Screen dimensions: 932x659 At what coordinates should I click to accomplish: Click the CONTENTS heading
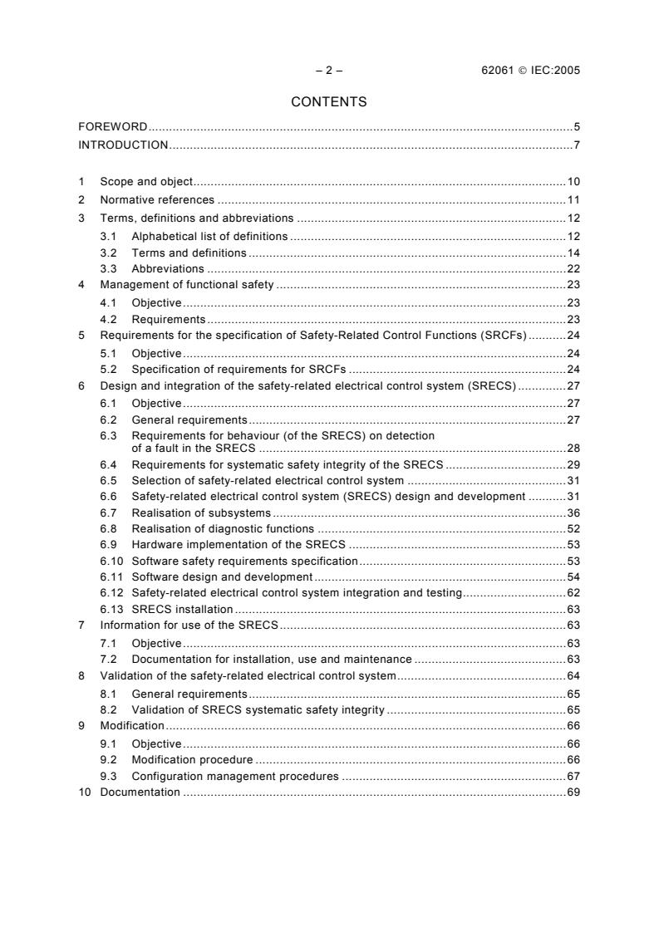[x=329, y=102]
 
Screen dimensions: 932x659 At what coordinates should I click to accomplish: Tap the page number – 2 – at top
[x=329, y=71]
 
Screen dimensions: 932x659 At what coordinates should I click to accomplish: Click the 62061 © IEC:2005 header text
[x=524, y=71]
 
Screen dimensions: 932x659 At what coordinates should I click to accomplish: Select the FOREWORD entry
[x=113, y=127]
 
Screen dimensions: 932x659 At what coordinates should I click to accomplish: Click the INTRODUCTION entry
[x=123, y=145]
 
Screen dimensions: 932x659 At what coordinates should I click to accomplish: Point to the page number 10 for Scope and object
[x=573, y=181]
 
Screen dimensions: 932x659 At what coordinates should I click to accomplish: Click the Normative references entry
[x=157, y=200]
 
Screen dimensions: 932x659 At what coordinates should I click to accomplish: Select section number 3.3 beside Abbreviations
[x=108, y=269]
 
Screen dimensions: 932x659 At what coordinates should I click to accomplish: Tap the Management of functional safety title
[x=187, y=285]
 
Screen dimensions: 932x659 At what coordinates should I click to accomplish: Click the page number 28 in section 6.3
[x=573, y=448]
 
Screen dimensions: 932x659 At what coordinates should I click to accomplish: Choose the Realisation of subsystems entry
[x=201, y=513]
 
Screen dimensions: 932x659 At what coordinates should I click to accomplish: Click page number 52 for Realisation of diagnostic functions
[x=573, y=528]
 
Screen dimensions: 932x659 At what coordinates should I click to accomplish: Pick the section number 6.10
[x=111, y=561]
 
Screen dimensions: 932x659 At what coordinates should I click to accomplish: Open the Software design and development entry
[x=222, y=576]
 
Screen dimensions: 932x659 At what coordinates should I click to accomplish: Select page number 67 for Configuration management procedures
[x=573, y=776]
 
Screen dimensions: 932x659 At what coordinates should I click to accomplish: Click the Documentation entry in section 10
[x=140, y=792]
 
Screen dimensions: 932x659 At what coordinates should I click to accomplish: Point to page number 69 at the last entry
[x=573, y=792]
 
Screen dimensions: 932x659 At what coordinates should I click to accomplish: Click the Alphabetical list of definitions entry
[x=209, y=237]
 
